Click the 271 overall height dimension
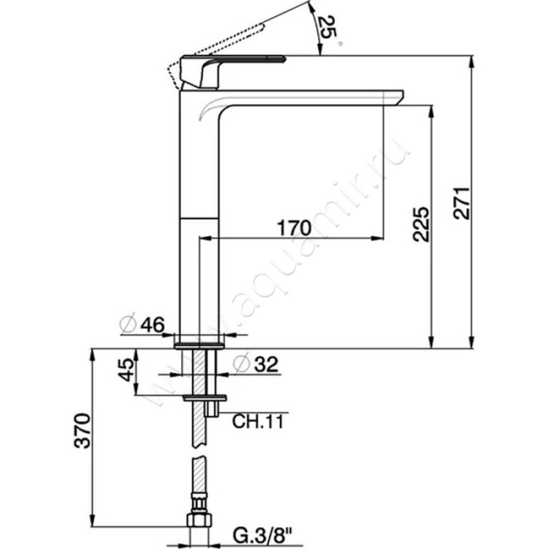[x=461, y=203]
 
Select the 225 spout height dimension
[x=421, y=224]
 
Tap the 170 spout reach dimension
[x=294, y=228]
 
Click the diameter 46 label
[x=142, y=325]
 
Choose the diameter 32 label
[x=256, y=364]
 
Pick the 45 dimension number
[x=126, y=370]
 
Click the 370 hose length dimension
[x=82, y=431]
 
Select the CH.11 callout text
[x=258, y=421]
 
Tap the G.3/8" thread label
[x=263, y=536]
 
